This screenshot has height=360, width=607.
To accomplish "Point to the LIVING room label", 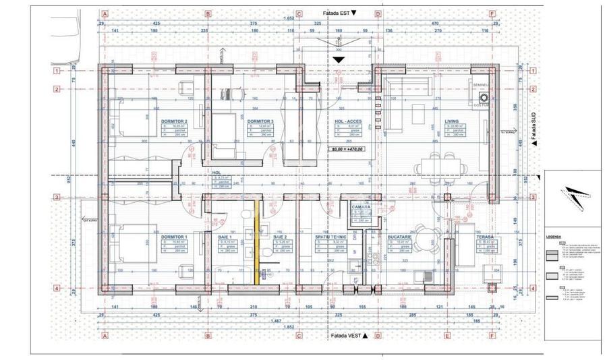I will click(451, 121).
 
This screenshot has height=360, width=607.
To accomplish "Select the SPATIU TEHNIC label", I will click(330, 237).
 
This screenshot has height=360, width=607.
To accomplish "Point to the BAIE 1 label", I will click(225, 237).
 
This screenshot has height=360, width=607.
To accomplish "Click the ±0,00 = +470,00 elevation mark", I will click(346, 149).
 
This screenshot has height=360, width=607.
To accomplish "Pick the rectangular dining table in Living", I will click(440, 164).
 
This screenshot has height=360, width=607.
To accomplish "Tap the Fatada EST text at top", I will click(338, 13).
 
